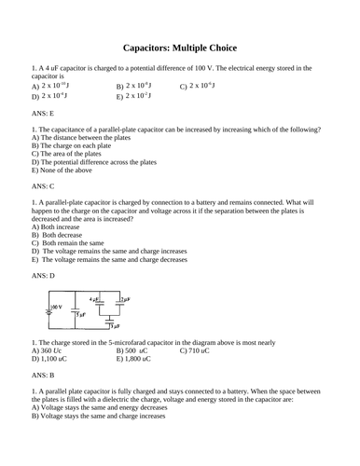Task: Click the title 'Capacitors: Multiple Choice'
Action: [180, 48]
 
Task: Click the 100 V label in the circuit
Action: [57, 306]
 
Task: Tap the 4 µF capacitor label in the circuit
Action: [93, 300]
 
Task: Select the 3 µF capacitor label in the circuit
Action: [113, 327]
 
